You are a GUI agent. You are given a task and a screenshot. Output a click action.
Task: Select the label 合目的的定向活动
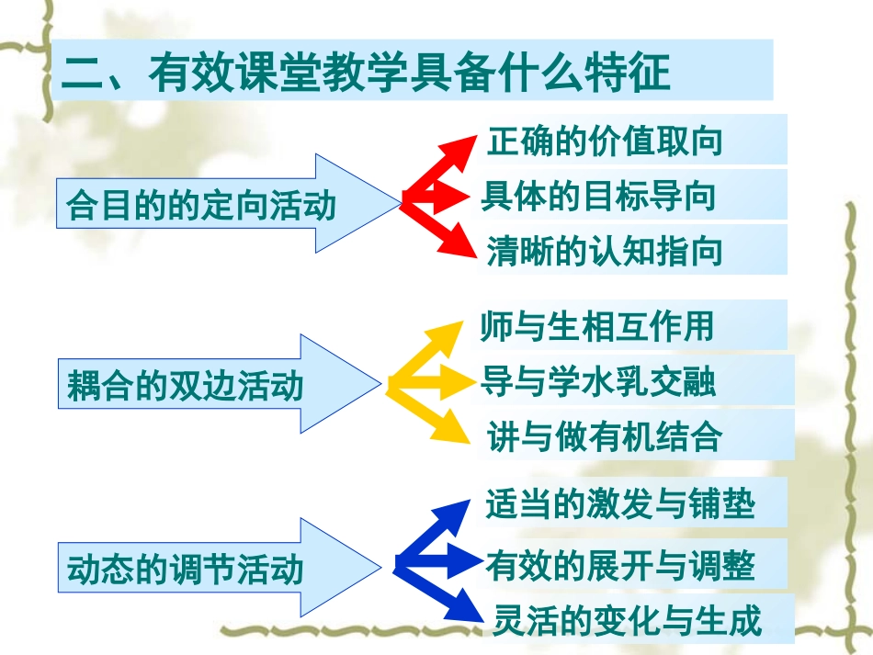[x=201, y=205]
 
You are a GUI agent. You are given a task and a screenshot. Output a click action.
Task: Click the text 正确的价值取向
[x=605, y=141]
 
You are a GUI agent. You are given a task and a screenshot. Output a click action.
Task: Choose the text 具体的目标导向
[x=598, y=196]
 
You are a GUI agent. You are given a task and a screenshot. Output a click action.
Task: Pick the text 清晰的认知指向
[x=605, y=251]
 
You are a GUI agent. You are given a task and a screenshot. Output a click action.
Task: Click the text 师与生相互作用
[x=597, y=326]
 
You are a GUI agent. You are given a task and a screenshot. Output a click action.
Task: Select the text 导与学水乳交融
[x=599, y=381]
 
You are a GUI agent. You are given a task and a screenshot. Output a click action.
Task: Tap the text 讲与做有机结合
[x=605, y=436]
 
